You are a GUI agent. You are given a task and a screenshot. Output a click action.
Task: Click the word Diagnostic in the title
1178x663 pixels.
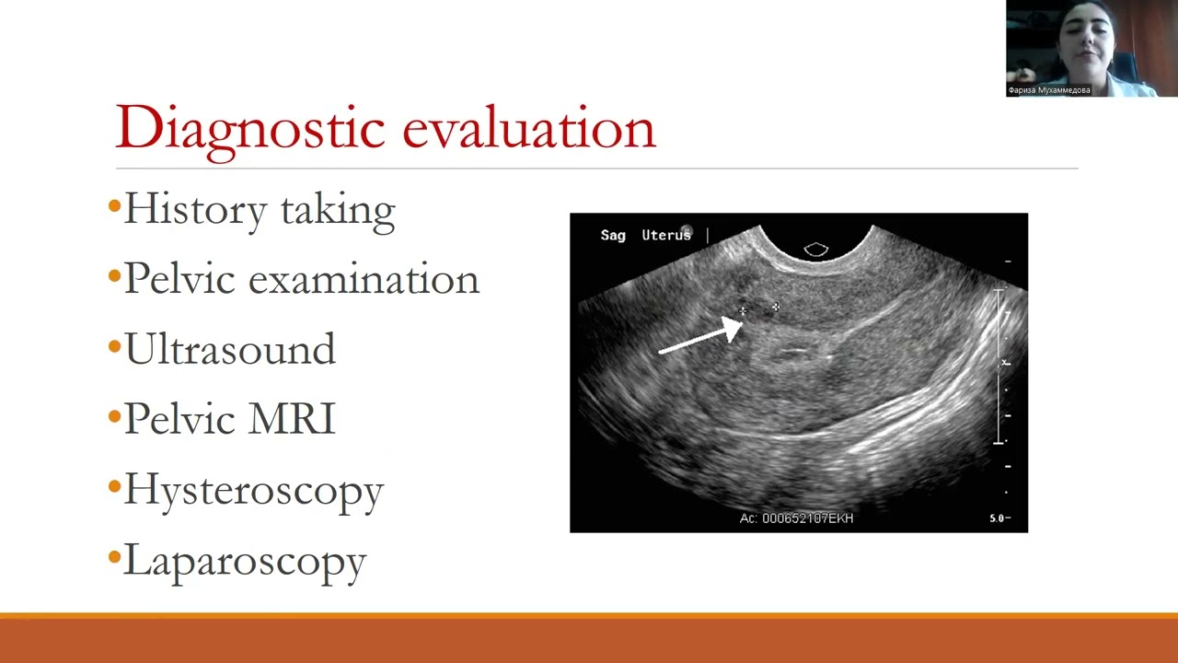click(248, 127)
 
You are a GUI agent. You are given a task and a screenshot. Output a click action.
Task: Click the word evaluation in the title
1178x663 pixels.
click(528, 127)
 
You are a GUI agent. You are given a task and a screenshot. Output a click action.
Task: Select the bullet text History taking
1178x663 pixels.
click(259, 209)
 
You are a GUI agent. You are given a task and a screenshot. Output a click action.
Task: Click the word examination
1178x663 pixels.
click(364, 279)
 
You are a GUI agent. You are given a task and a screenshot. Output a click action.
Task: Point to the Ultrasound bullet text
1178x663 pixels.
click(229, 349)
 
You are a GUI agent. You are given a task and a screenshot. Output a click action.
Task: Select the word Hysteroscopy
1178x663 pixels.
click(253, 490)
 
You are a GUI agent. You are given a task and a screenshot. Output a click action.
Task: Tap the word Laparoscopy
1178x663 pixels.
click(245, 560)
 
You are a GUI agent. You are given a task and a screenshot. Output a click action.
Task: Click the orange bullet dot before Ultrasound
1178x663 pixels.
click(114, 347)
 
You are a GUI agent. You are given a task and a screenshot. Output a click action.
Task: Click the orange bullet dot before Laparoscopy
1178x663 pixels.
click(114, 557)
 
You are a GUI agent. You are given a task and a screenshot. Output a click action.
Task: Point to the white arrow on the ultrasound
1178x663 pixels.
click(703, 336)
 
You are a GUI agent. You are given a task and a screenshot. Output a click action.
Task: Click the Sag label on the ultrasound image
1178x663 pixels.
click(613, 236)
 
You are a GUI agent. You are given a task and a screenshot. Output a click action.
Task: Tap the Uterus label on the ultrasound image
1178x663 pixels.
click(665, 236)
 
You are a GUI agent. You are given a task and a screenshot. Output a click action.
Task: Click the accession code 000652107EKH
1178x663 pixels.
click(807, 518)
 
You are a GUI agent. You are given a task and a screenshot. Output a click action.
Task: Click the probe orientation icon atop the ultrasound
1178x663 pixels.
click(816, 250)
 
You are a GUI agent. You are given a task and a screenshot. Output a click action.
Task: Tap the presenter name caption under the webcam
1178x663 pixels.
click(1049, 90)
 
